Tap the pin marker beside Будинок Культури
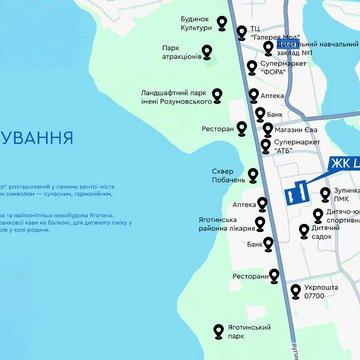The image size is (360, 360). [x=241, y=31]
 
